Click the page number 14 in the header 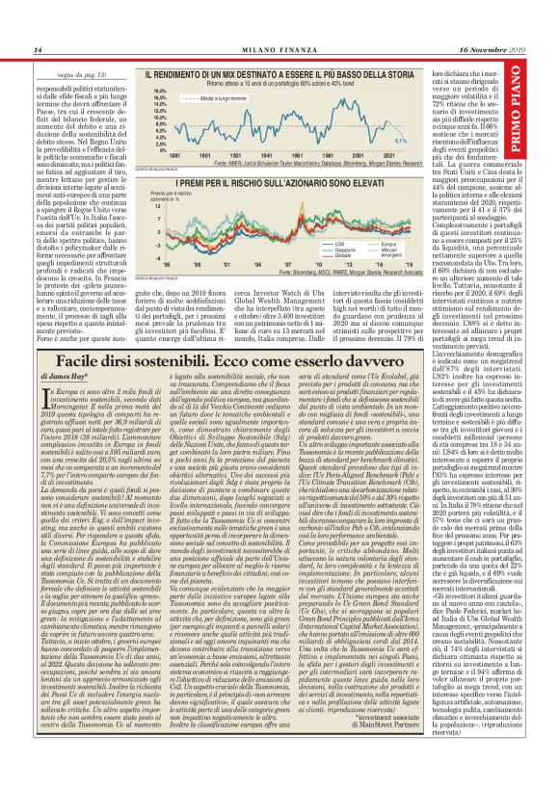tap(38, 50)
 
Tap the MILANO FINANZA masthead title tap(279, 50)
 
